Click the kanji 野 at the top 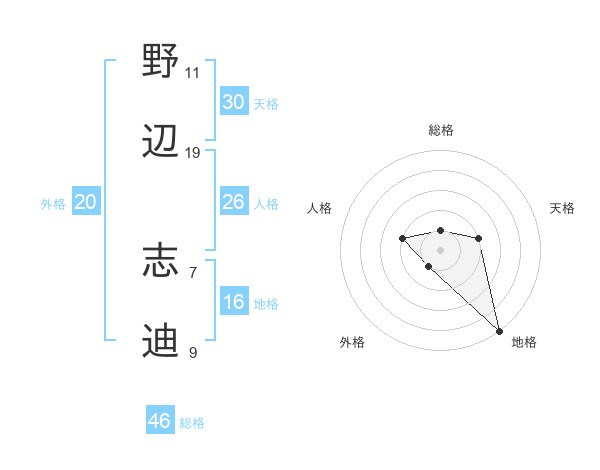tap(161, 62)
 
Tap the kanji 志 tap(161, 262)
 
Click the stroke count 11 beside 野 tap(193, 73)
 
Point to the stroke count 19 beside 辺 tap(193, 153)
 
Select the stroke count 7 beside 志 tap(193, 273)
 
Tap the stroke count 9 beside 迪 tap(193, 353)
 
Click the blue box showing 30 tap(234, 102)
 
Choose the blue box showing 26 tap(234, 202)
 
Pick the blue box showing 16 tap(234, 302)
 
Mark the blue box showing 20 tap(86, 202)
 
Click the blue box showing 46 tap(160, 421)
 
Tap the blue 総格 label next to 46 tap(192, 423)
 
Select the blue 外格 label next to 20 tap(53, 204)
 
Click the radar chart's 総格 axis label tap(441, 130)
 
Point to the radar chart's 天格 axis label tap(563, 208)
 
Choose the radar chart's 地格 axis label tap(524, 342)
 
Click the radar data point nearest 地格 tap(499, 330)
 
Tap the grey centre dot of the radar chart tap(440, 249)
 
